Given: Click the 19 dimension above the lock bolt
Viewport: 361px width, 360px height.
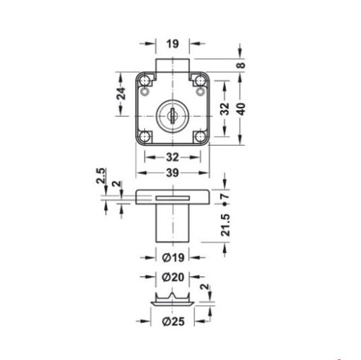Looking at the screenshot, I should [172, 44].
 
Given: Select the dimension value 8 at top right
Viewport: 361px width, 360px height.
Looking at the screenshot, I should [241, 65].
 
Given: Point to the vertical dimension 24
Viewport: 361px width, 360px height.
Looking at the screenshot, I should [122, 92].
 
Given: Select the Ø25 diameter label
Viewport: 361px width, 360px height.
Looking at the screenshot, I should [172, 320].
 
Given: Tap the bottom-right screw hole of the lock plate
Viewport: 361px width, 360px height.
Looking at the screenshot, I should [198, 136].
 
